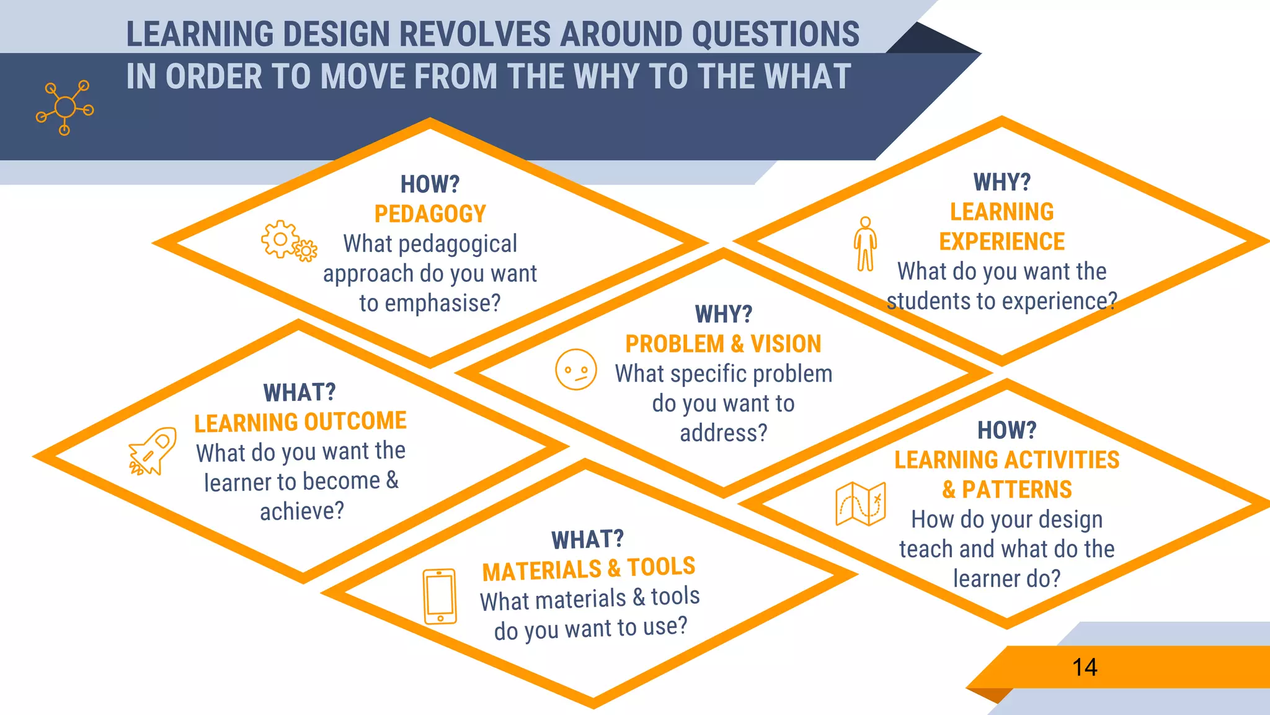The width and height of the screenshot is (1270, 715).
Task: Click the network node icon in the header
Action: click(x=64, y=107)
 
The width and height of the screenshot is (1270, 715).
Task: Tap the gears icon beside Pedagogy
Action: click(x=288, y=241)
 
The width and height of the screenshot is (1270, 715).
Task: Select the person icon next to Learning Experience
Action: click(x=865, y=244)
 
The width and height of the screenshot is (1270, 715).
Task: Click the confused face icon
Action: click(x=575, y=369)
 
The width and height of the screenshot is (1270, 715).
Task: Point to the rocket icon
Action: click(x=153, y=451)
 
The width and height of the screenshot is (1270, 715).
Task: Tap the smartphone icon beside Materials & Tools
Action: click(x=440, y=596)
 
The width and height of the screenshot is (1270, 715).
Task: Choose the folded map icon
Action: click(x=861, y=503)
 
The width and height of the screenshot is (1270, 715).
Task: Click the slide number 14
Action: click(x=1085, y=667)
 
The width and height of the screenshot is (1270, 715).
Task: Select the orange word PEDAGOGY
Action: click(x=430, y=214)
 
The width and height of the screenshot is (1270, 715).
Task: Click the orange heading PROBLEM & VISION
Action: click(x=723, y=344)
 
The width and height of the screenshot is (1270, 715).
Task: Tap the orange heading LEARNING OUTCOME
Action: click(x=300, y=422)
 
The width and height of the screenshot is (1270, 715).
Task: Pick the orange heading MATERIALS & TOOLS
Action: click(x=588, y=569)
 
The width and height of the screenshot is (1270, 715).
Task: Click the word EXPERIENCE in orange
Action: click(x=1001, y=241)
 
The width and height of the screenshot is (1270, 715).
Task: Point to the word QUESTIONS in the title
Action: click(x=776, y=34)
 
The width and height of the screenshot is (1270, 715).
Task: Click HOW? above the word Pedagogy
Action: click(x=430, y=184)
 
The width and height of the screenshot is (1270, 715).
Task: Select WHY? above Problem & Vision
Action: click(x=723, y=314)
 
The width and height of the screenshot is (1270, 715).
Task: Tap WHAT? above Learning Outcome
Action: click(x=300, y=392)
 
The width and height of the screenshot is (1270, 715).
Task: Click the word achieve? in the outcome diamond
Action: click(x=301, y=511)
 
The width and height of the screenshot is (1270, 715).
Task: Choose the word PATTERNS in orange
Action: click(x=1017, y=490)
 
